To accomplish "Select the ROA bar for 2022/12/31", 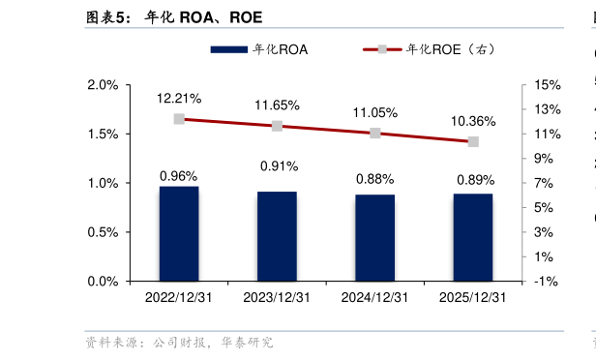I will (x=179, y=233).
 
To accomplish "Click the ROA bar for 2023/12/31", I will (x=277, y=236).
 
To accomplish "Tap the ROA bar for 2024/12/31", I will (x=374, y=237).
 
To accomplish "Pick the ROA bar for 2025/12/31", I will (x=473, y=237).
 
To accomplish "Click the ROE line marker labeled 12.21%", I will (x=179, y=119).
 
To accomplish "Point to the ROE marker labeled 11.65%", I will (x=277, y=126).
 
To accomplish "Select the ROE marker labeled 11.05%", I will (x=374, y=133).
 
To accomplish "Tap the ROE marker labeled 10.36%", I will (x=473, y=141).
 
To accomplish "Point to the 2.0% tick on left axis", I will (x=103, y=85).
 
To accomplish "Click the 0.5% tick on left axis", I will (x=103, y=232).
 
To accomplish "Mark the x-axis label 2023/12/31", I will (x=277, y=298).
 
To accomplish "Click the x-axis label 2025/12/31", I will (x=473, y=298).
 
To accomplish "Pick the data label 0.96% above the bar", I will (x=179, y=176).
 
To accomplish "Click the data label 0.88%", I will (x=374, y=179).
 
